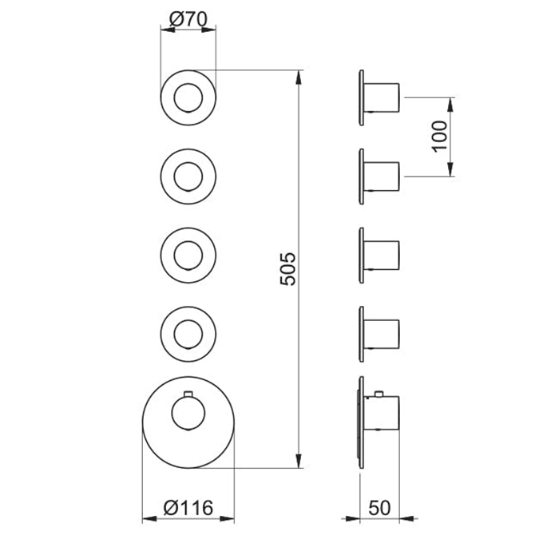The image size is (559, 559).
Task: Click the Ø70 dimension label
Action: pos(188,19)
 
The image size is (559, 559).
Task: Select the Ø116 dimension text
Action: pos(188,507)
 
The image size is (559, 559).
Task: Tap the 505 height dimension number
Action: pos(288,269)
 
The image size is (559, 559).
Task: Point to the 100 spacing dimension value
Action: pos(439,137)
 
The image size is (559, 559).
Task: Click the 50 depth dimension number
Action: pos(379,508)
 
